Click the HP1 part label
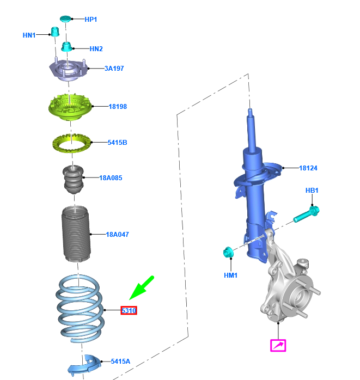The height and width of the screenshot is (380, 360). pyautogui.click(x=90, y=20)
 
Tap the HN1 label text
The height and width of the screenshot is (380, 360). pyautogui.click(x=29, y=35)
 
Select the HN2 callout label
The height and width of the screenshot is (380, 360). pyautogui.click(x=96, y=48)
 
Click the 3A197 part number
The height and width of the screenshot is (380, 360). pyautogui.click(x=114, y=69)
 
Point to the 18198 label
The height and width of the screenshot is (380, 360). pyautogui.click(x=118, y=106)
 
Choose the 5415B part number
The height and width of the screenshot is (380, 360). pyautogui.click(x=117, y=142)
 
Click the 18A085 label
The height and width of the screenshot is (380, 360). pyautogui.click(x=111, y=178)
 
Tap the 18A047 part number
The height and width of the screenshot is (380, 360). pyautogui.click(x=117, y=234)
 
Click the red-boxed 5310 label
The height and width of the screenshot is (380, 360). pyautogui.click(x=129, y=310)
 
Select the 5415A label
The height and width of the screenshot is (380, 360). pyautogui.click(x=120, y=361)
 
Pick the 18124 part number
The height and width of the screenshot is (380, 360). pyautogui.click(x=308, y=168)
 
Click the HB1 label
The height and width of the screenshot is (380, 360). pyautogui.click(x=312, y=190)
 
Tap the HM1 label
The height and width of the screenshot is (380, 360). pyautogui.click(x=230, y=275)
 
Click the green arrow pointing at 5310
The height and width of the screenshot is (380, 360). pyautogui.click(x=142, y=287)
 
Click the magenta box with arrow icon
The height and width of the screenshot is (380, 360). pyautogui.click(x=278, y=345)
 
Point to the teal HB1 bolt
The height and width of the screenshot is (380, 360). pyautogui.click(x=307, y=214)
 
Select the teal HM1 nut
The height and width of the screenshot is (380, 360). pyautogui.click(x=228, y=252)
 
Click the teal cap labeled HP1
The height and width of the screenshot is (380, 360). pyautogui.click(x=65, y=19)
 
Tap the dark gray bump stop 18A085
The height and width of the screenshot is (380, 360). pyautogui.click(x=74, y=179)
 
